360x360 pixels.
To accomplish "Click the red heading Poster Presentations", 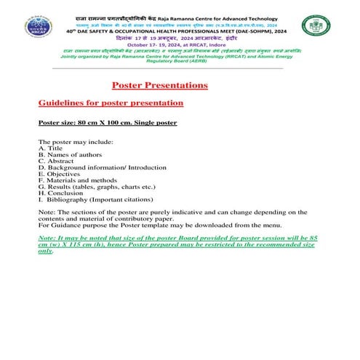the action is coord(161,85).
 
